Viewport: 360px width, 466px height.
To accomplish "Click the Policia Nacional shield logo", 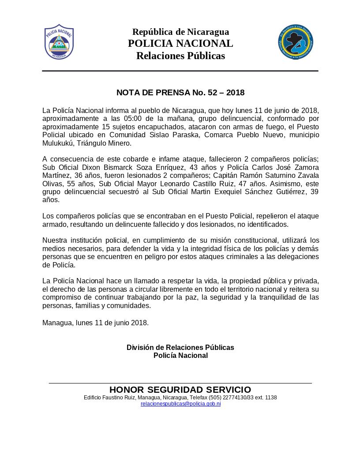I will pyautogui.click(x=59, y=42).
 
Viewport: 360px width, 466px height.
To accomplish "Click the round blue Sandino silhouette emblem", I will pyautogui.click(x=296, y=42).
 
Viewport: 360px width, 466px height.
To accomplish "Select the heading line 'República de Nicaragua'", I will pyautogui.click(x=180, y=32).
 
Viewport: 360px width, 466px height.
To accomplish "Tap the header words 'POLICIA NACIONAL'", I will pyautogui.click(x=180, y=43).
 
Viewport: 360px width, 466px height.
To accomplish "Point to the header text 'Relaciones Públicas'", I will pyautogui.click(x=180, y=56).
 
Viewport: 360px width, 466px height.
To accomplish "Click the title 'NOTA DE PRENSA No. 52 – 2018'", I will pyautogui.click(x=180, y=93).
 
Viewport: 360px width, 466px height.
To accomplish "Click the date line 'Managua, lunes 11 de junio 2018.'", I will pyautogui.click(x=96, y=323).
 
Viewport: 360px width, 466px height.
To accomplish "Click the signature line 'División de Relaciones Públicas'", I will pyautogui.click(x=180, y=348).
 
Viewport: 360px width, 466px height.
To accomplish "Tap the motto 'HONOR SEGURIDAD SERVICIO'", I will pyautogui.click(x=180, y=390).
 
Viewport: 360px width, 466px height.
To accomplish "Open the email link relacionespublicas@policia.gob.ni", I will pyautogui.click(x=180, y=404).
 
